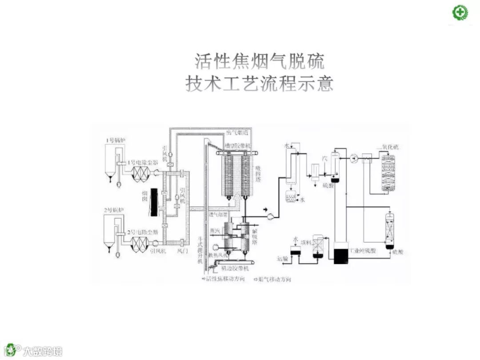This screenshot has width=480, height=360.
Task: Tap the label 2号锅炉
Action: point(114,209)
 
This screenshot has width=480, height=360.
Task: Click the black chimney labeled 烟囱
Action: point(154,202)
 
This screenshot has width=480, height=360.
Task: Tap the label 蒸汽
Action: point(215,231)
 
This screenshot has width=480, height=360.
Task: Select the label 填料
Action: point(306,242)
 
